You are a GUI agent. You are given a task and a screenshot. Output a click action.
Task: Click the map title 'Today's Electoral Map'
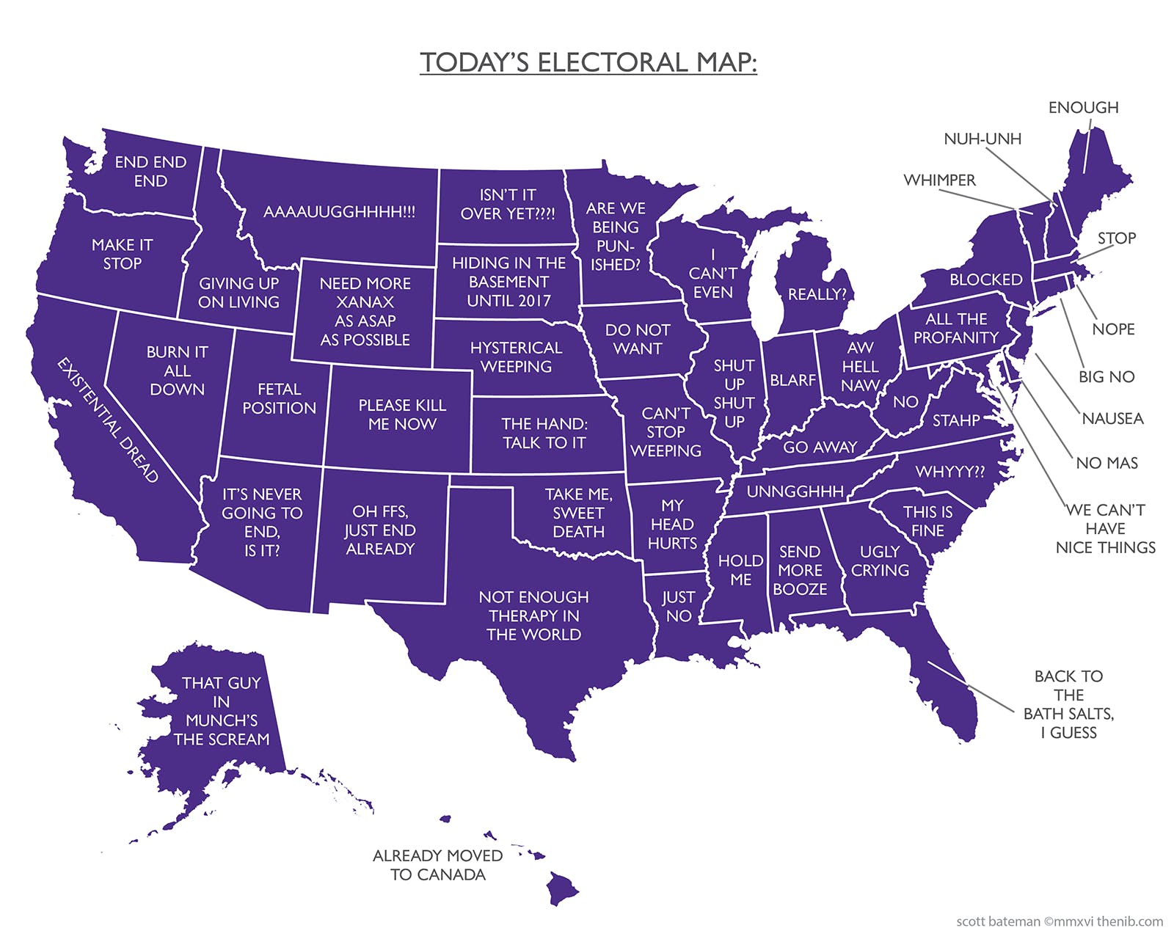pos(588,62)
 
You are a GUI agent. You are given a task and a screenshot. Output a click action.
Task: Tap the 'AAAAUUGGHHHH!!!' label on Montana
pos(339,212)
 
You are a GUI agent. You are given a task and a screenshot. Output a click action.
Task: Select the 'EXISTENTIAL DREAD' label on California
pos(109,420)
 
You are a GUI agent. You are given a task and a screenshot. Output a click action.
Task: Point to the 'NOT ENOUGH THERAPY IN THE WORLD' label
pos(533,615)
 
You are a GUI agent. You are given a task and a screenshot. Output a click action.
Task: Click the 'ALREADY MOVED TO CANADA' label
pos(437,865)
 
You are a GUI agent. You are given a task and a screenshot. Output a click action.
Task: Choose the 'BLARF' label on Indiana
pos(792,380)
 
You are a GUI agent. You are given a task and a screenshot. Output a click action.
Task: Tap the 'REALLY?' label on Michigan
pos(817,294)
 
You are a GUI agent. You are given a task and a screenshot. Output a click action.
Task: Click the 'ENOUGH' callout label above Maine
pos(1083,108)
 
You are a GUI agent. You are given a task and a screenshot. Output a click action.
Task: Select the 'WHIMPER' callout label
pos(939,180)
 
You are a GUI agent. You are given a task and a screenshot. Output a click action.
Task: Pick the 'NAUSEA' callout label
pos(1112,419)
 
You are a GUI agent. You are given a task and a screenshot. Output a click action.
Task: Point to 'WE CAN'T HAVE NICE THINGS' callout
pos(1105,528)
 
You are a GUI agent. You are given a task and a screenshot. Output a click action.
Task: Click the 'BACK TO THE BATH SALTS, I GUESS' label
pos(1068,704)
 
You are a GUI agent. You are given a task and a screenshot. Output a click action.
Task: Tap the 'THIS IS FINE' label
pos(927,521)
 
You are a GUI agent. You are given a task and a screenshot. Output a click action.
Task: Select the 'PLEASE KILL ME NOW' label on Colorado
pos(401,414)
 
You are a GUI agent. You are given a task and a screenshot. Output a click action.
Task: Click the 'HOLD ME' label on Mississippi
pos(740,570)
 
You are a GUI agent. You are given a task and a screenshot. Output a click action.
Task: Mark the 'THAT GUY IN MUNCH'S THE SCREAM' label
pos(221,711)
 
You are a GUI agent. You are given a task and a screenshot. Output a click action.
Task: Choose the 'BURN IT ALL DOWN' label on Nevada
pos(177,370)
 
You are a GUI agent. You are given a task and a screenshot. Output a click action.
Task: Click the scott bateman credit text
pos(1059,921)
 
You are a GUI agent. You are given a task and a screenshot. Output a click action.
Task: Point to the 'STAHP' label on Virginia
pos(956,420)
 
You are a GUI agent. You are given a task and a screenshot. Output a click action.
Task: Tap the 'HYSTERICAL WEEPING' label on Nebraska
pos(516,357)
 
